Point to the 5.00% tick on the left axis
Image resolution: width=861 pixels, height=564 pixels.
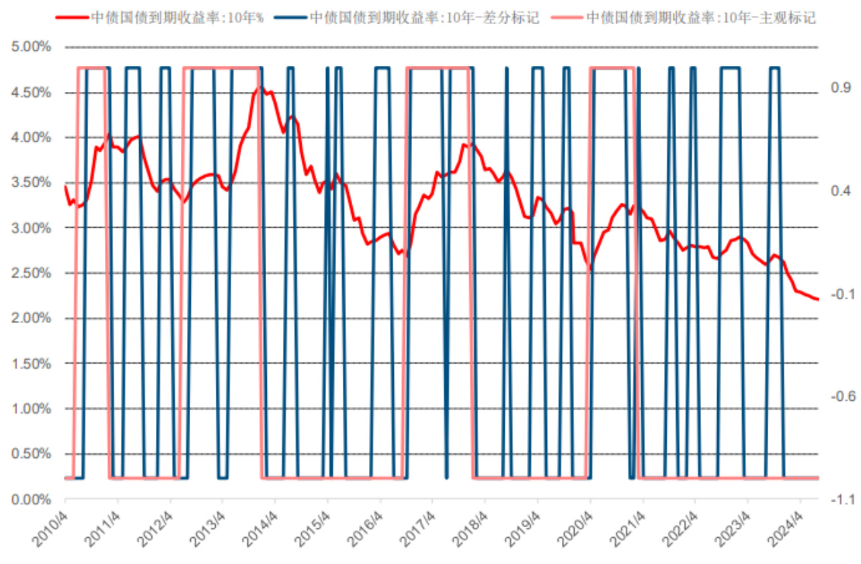click(31, 48)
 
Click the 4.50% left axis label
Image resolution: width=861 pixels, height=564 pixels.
click(31, 93)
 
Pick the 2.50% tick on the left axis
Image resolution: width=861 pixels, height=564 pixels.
click(31, 273)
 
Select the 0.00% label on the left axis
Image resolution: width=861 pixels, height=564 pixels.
click(31, 500)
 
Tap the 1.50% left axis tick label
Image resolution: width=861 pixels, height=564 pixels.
click(31, 364)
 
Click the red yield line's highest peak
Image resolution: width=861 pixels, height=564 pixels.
click(261, 87)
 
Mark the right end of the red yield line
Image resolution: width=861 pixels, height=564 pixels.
click(818, 299)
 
